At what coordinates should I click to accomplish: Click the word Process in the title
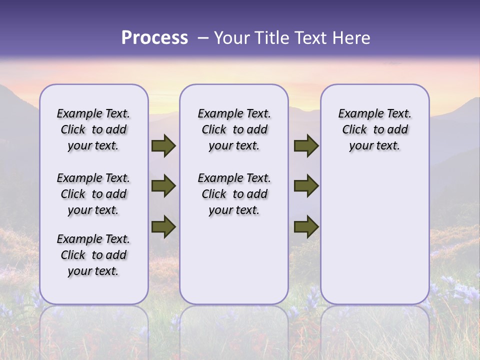(154, 38)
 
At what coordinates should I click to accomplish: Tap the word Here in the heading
(351, 38)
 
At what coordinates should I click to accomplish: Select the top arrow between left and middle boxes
(163, 146)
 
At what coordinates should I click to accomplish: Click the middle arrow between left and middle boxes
(163, 186)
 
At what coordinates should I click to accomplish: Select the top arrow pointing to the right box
(306, 146)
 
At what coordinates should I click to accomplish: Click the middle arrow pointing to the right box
(306, 186)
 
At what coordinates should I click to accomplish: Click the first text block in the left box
(93, 129)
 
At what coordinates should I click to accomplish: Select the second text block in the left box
(93, 194)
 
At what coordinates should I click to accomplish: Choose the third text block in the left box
(93, 255)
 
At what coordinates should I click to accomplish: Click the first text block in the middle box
(234, 129)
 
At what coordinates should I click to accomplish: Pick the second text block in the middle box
(234, 194)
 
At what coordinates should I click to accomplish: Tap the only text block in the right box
(375, 129)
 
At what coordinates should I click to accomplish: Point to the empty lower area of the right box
(375, 235)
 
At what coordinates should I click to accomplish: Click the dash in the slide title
(202, 38)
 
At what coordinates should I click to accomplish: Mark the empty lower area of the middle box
(234, 260)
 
